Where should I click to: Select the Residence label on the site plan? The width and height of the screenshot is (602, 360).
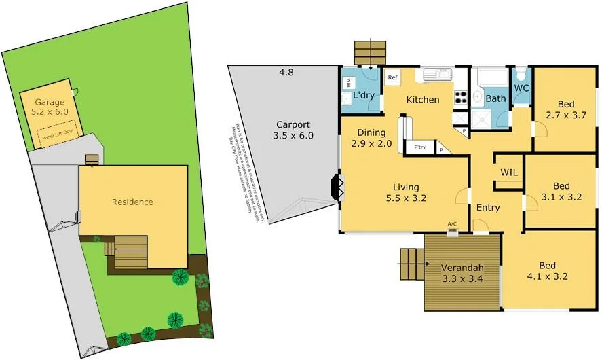[x=132, y=202]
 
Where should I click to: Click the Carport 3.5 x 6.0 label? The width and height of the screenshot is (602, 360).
[x=293, y=130]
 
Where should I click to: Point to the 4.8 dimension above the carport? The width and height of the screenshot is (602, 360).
[x=286, y=72]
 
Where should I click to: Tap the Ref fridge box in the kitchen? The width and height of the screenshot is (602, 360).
[x=392, y=77]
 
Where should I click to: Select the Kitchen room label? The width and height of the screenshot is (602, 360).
[x=422, y=100]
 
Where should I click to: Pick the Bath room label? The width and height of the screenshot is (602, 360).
[x=495, y=98]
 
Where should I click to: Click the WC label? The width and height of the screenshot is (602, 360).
[x=521, y=88]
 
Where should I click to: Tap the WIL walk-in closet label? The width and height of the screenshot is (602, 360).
[x=509, y=173]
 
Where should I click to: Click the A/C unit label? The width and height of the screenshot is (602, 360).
[x=452, y=223]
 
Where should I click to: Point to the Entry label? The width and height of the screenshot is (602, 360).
[x=487, y=208]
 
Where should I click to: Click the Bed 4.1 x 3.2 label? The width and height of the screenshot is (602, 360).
[x=547, y=271]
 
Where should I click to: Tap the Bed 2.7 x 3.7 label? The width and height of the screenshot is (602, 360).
[x=565, y=110]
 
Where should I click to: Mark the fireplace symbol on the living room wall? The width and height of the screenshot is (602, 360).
[x=336, y=186]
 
